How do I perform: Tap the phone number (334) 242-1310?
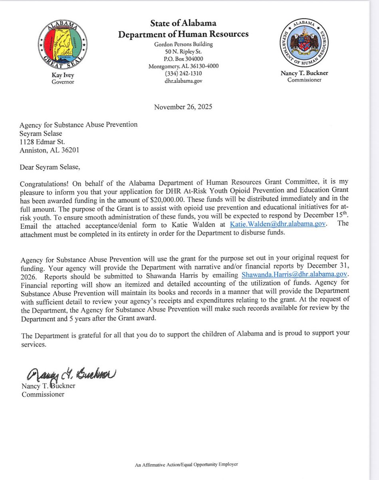(x=183, y=74)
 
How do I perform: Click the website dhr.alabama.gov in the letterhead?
(x=183, y=81)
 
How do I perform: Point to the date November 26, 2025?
(x=183, y=107)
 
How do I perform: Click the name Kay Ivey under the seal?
(x=63, y=75)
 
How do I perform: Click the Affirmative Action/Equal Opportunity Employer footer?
(x=187, y=464)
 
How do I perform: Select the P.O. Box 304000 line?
(x=183, y=59)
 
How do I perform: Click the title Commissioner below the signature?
(x=42, y=394)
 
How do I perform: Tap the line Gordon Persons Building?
(x=183, y=44)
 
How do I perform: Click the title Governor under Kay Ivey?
(x=63, y=82)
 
